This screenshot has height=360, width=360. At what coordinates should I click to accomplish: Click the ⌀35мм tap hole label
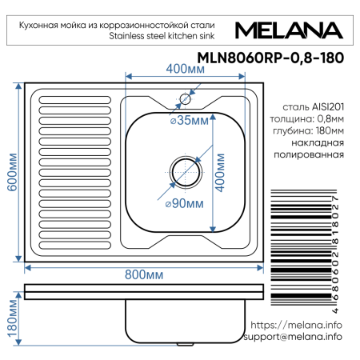(189, 121)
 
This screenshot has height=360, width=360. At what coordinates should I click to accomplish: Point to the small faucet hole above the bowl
(185, 99)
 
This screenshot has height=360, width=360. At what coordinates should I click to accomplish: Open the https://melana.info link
(296, 325)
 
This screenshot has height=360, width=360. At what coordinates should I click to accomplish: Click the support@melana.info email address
(290, 337)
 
